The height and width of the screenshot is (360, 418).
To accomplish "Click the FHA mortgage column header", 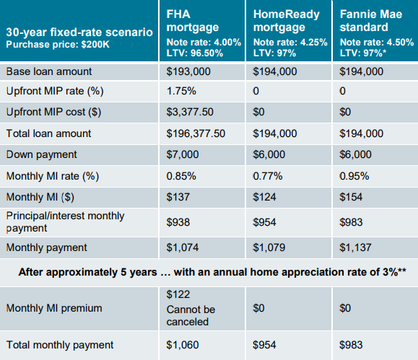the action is point(193,21).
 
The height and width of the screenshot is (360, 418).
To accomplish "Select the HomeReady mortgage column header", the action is point(287,21).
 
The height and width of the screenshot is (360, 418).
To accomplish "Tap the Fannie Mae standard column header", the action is point(371,21).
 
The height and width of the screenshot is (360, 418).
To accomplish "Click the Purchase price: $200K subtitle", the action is point(58,44).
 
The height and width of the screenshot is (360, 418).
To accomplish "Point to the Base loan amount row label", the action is point(49,71).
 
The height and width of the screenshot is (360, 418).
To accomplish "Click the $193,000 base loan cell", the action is point(188,71).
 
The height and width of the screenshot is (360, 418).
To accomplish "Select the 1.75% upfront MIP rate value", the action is point(181,91).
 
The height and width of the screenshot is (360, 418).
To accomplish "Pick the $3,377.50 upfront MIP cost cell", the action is point(190,112).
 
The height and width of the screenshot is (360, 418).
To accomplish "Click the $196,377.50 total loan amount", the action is point(196,133).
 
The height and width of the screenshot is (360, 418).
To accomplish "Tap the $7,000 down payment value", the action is point(183,154).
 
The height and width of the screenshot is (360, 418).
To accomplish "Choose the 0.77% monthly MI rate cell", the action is point(268,176).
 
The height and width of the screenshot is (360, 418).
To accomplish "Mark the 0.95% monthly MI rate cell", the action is point(354,176).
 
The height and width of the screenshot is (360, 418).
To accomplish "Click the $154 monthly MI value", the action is point(351,197).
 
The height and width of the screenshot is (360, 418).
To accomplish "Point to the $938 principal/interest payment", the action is point(178,222).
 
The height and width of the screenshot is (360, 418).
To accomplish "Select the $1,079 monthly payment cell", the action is point(269,247).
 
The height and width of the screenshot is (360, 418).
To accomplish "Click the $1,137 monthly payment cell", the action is point(355,247).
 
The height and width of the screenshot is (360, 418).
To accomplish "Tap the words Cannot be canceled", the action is point(191,315).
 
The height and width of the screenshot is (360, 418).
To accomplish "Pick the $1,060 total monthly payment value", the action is point(183,345).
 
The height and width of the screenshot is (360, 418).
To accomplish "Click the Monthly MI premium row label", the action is point(54,308).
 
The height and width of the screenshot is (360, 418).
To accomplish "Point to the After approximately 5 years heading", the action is point(212,272).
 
